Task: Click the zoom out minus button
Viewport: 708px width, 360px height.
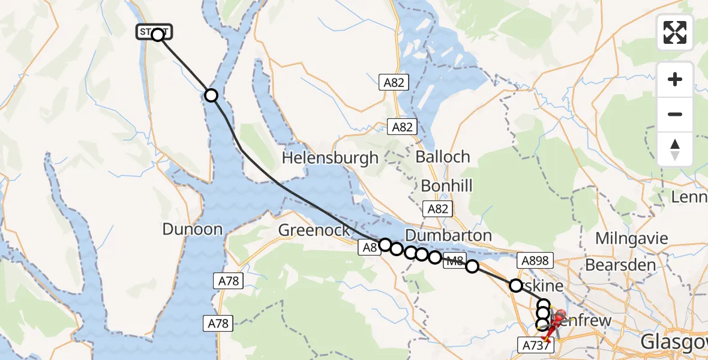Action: point(675,114)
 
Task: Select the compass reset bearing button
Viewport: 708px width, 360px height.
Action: point(675,149)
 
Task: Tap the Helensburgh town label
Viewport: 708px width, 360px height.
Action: point(330,158)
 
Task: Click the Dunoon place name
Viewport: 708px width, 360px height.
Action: point(192,229)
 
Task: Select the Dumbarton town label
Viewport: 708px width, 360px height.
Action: point(448,235)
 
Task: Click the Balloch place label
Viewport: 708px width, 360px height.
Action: point(442,157)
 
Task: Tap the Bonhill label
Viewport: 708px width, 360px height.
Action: point(446,185)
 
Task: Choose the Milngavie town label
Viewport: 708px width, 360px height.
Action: point(631,238)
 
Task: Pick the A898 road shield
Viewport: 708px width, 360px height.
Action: point(534,260)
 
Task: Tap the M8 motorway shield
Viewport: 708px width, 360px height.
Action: point(454,261)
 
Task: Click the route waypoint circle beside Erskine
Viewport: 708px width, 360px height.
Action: point(516,285)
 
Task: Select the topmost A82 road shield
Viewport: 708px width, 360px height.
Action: point(394,83)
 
